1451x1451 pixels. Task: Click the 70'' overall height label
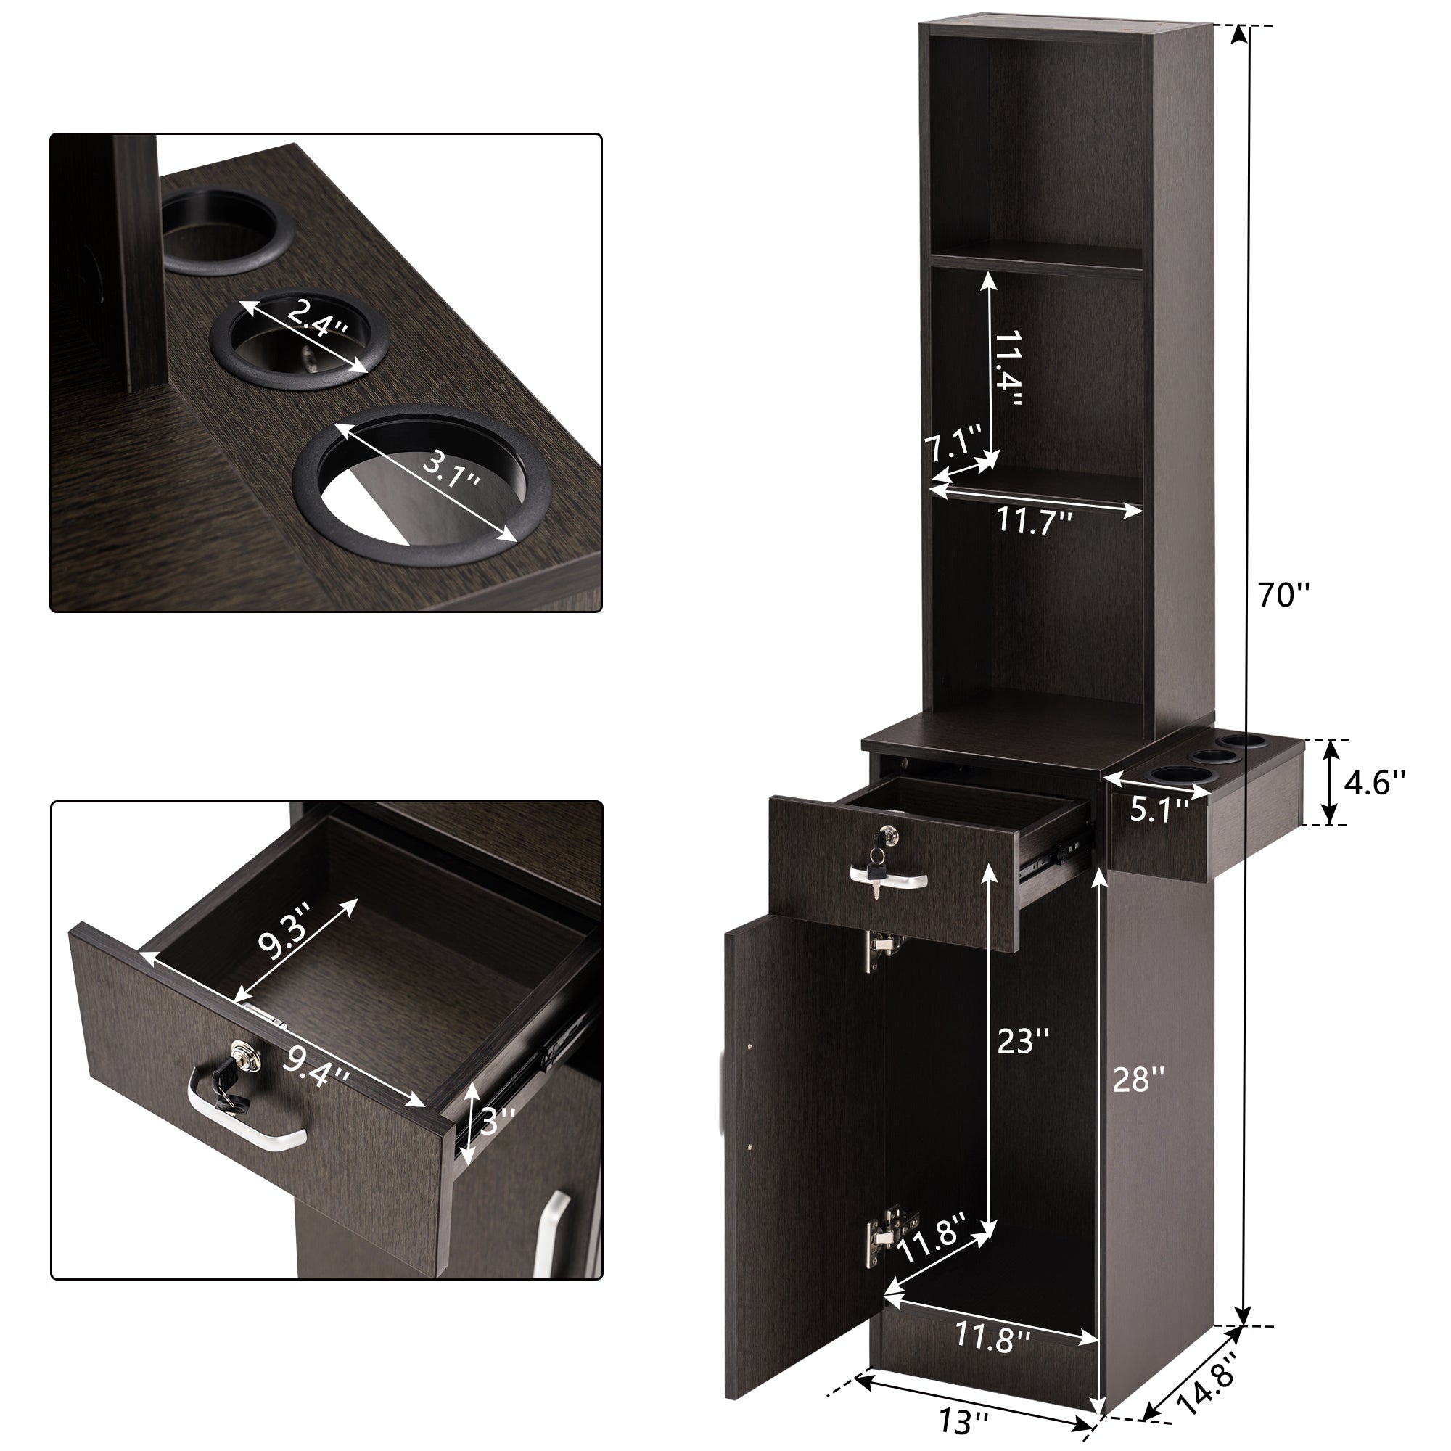1283,596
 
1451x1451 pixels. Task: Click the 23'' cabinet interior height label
1022,1040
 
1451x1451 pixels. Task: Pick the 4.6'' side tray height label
1373,783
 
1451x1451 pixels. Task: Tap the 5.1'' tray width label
1159,810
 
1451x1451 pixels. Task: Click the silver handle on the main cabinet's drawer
889,879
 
